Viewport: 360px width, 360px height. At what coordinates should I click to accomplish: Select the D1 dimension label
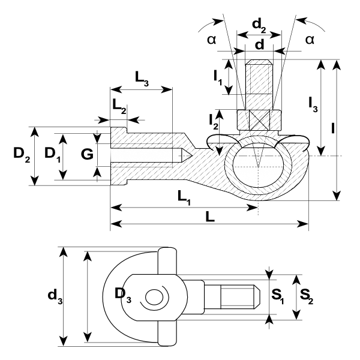pos(53,154)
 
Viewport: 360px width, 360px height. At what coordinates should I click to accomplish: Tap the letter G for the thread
pos(87,154)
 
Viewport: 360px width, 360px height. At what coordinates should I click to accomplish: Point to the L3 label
pos(142,79)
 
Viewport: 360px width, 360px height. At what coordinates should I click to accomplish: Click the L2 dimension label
pos(119,106)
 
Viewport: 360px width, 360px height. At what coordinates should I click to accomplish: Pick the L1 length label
pos(184,197)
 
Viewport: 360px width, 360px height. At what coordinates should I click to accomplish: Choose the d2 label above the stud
pos(259,25)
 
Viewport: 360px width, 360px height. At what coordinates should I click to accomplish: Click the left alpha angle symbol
pos(211,40)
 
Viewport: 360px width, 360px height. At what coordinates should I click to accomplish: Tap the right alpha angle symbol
pos(310,40)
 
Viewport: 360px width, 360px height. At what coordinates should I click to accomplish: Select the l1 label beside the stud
pos(218,77)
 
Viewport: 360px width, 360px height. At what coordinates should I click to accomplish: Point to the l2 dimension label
pos(214,122)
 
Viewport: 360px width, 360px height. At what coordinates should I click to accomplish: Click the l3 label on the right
pos(313,104)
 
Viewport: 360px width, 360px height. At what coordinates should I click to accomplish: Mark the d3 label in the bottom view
pos(55,296)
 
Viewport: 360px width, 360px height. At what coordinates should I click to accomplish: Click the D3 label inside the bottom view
pos(123,295)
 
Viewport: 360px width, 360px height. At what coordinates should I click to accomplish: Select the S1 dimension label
pos(278,296)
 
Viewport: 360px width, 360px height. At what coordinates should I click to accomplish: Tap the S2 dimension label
pos(307,296)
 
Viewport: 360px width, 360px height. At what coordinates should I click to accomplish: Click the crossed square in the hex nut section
pos(259,120)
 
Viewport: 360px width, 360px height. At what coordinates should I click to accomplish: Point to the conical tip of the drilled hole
pos(187,155)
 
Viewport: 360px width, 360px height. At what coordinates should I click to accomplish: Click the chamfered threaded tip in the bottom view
pos(256,296)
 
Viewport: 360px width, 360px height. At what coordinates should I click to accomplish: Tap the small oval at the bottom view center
pos(154,297)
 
